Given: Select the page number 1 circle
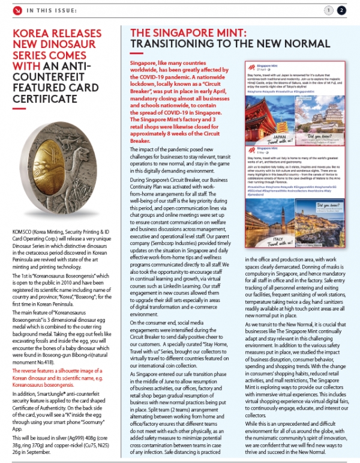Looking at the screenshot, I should (328, 10).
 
